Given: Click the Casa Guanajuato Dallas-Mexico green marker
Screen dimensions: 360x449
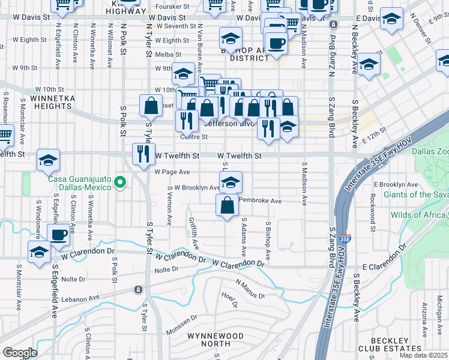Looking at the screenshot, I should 120,182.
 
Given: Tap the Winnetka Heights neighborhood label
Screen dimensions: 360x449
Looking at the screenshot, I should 45,101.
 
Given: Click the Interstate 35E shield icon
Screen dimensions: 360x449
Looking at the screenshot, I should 345,238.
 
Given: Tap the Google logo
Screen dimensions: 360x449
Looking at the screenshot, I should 20,353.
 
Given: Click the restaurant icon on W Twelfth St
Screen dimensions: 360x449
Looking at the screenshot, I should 143,154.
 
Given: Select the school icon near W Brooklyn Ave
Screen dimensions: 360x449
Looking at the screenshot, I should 230,182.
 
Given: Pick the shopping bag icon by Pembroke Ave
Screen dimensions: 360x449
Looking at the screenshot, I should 228,205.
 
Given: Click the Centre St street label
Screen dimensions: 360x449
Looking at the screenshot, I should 194,137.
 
